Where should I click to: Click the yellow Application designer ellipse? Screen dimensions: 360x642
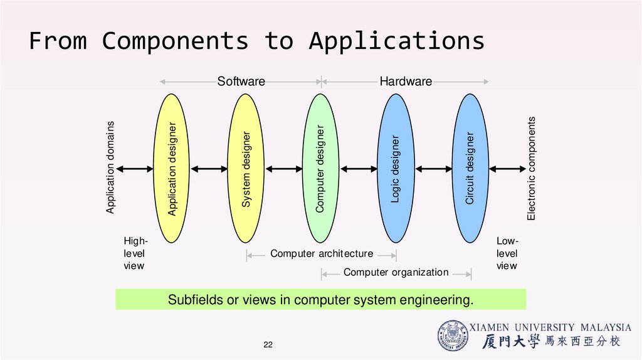pyautogui.click(x=172, y=168)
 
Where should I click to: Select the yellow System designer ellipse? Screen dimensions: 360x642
pyautogui.click(x=246, y=168)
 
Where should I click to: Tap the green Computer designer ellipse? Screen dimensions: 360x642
pyautogui.click(x=321, y=168)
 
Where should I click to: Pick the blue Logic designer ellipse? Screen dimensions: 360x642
pyautogui.click(x=396, y=168)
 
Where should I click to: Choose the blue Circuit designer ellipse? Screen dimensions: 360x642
pyautogui.click(x=470, y=168)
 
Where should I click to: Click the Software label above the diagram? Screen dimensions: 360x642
pyautogui.click(x=241, y=82)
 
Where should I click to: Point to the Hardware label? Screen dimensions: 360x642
pyautogui.click(x=406, y=82)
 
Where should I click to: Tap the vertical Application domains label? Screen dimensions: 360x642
pyautogui.click(x=110, y=168)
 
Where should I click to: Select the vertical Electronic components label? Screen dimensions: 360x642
pyautogui.click(x=532, y=168)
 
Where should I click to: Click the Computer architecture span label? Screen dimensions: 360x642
pyautogui.click(x=321, y=254)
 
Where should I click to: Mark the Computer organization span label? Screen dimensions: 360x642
pyautogui.click(x=396, y=272)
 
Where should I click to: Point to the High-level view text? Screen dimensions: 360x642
pyautogui.click(x=134, y=253)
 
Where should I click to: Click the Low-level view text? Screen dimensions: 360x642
pyautogui.click(x=507, y=253)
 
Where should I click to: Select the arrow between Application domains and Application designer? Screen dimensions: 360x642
pyautogui.click(x=135, y=168)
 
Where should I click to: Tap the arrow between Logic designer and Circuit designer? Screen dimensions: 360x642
pyautogui.click(x=433, y=168)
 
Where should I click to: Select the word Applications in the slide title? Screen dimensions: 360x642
pyautogui.click(x=396, y=41)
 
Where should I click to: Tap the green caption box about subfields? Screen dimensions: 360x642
pyautogui.click(x=320, y=300)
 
